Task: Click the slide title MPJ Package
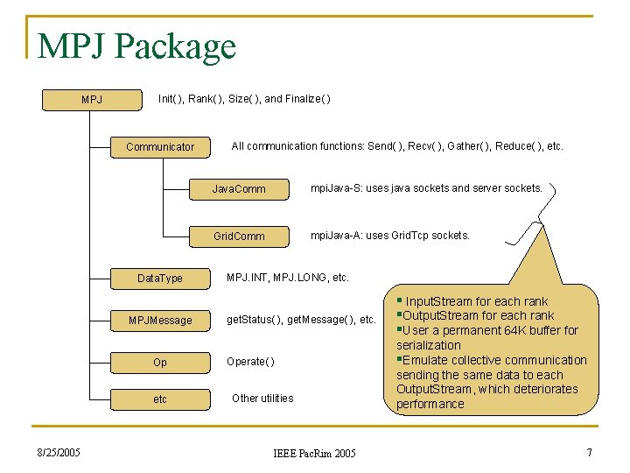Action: click(x=136, y=46)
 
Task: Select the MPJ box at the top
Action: click(x=92, y=99)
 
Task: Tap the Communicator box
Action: click(x=160, y=146)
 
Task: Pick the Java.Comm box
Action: click(x=239, y=188)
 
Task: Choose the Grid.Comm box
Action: click(x=239, y=236)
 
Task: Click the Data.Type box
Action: click(x=160, y=279)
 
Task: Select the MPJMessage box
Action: click(x=160, y=320)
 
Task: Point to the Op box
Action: click(x=160, y=362)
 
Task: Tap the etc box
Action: click(x=160, y=399)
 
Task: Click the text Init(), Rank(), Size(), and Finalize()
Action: click(x=244, y=98)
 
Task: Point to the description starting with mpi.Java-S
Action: click(x=426, y=187)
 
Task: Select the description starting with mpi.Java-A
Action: click(x=390, y=235)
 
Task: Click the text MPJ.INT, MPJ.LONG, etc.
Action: click(x=287, y=278)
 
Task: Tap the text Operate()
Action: click(x=250, y=361)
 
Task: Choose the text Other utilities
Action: click(x=262, y=398)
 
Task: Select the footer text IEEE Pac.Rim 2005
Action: click(x=314, y=454)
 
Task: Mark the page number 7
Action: click(x=589, y=452)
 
